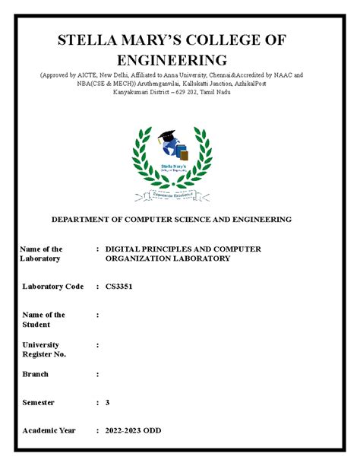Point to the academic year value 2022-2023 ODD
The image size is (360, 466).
[x=139, y=431]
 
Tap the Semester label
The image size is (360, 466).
[x=44, y=402]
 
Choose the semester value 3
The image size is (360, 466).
[x=108, y=402]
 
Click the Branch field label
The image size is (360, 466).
[x=36, y=374]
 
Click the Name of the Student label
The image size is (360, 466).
[x=43, y=319]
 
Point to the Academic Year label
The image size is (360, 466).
[x=49, y=431]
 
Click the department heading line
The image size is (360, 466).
[x=171, y=219]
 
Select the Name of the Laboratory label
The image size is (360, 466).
[x=41, y=254]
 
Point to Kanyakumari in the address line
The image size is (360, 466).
[x=134, y=92]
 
